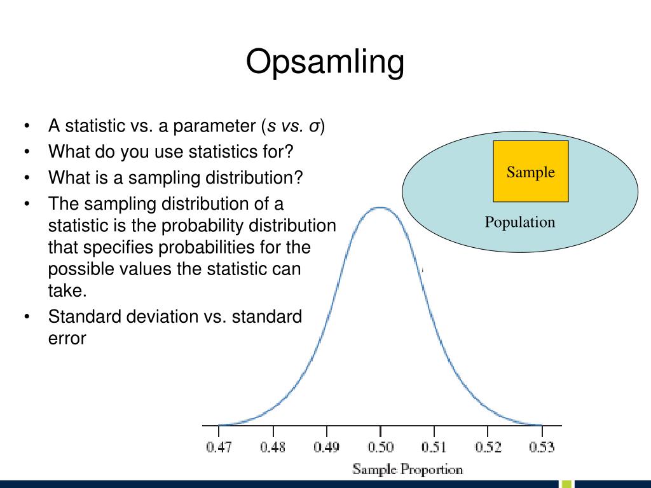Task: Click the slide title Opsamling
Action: click(x=325, y=62)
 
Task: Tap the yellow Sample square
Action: click(x=531, y=172)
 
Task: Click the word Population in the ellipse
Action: click(x=520, y=222)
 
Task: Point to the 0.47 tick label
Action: click(x=219, y=447)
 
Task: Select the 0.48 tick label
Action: click(x=273, y=447)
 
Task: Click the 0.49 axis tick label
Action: click(x=326, y=447)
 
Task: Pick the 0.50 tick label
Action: click(x=380, y=447)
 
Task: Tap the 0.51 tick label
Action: click(x=434, y=447)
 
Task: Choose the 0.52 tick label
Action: click(x=488, y=447)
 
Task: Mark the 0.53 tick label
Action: click(x=542, y=447)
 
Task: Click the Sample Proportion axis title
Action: click(x=408, y=470)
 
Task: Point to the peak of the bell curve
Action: click(x=381, y=208)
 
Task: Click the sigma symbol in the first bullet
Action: click(x=314, y=126)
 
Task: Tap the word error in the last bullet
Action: click(x=67, y=339)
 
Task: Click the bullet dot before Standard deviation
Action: click(x=27, y=317)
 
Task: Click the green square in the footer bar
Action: click(x=567, y=484)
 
